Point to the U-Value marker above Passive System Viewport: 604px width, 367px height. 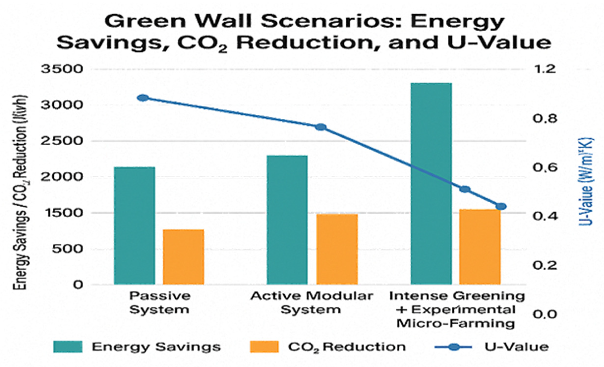pyautogui.click(x=143, y=98)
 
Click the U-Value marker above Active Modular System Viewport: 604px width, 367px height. pyautogui.click(x=321, y=127)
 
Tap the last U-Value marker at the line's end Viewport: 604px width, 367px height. pyautogui.click(x=501, y=207)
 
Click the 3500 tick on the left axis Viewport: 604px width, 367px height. pyautogui.click(x=62, y=69)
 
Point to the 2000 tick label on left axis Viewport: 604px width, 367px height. pyautogui.click(x=62, y=177)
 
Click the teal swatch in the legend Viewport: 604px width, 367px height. pyautogui.click(x=68, y=347)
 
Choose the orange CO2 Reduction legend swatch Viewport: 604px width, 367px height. pyautogui.click(x=264, y=347)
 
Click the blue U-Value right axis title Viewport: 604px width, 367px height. pyautogui.click(x=587, y=181)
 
